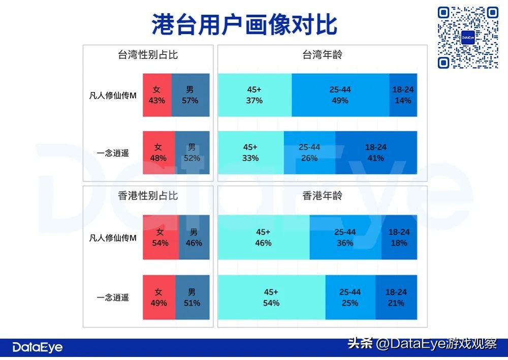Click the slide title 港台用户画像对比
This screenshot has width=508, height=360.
(244, 24)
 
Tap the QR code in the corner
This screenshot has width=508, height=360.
(468, 38)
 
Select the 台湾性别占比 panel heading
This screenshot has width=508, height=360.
(148, 55)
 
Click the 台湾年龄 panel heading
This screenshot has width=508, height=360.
(323, 55)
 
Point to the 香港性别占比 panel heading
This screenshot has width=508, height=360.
(148, 195)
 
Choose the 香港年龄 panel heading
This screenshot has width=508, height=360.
(323, 195)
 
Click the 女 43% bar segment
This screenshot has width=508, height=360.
(157, 95)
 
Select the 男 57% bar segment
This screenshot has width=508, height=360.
(190, 95)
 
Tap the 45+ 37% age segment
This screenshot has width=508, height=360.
(255, 95)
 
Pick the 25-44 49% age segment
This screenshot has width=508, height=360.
(340, 95)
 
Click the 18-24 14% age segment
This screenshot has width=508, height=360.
(403, 95)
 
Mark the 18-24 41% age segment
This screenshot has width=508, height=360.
(376, 153)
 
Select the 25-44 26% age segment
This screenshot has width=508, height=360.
(309, 153)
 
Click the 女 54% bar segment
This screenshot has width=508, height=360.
(161, 237)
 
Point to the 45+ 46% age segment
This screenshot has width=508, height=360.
(263, 237)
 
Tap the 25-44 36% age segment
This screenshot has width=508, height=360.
(345, 237)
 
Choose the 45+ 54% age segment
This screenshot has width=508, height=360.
(271, 297)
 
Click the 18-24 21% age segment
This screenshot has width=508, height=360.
(396, 297)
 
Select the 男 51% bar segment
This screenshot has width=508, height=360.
(192, 297)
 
